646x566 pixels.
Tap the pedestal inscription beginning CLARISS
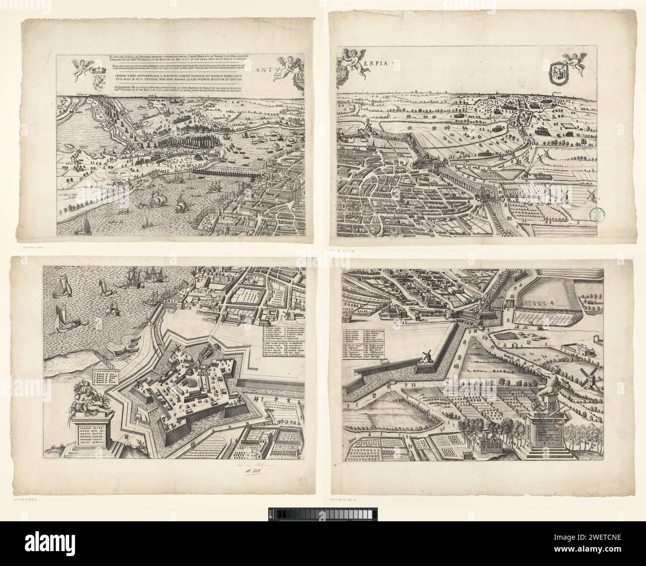pos(92,432)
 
